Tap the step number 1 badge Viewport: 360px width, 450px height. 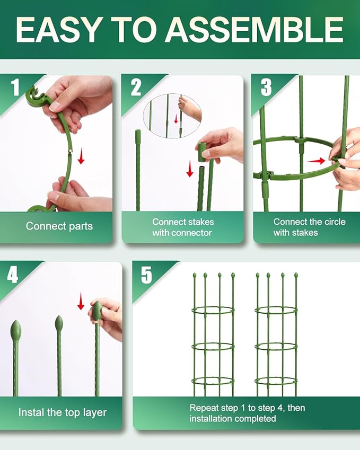[16, 87]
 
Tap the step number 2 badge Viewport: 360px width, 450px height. [136, 87]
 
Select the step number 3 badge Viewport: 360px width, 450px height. [266, 87]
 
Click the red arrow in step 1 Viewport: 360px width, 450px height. [81, 157]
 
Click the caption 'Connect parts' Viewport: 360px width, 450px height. [59, 226]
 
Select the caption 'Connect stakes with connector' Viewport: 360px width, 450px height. [182, 227]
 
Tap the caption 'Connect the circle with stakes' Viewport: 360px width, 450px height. [302, 227]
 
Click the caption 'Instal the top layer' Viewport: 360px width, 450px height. [62, 412]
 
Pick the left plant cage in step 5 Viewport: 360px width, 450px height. [213, 337]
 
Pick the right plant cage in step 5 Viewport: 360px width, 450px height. [276, 337]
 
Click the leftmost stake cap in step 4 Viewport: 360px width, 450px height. [16, 331]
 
